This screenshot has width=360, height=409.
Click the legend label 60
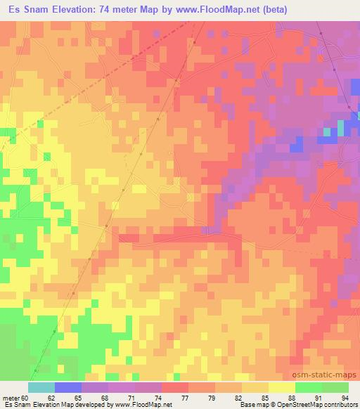coord(27,397)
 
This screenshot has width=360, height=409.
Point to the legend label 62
coord(51,397)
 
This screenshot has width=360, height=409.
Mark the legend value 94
coord(345,397)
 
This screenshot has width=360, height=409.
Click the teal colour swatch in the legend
coord(41,387)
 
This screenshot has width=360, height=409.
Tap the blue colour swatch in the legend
coord(68,387)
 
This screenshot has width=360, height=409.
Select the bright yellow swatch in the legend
coord(281,387)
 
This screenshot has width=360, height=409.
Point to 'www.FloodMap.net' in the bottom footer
coord(147,405)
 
